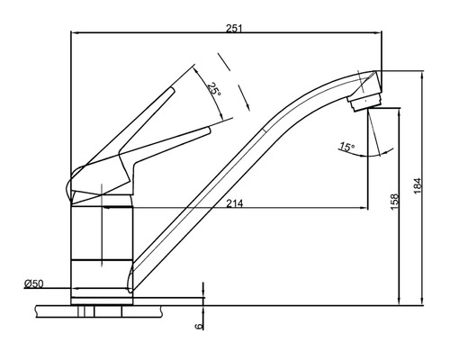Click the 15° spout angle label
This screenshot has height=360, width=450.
[x=346, y=146]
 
